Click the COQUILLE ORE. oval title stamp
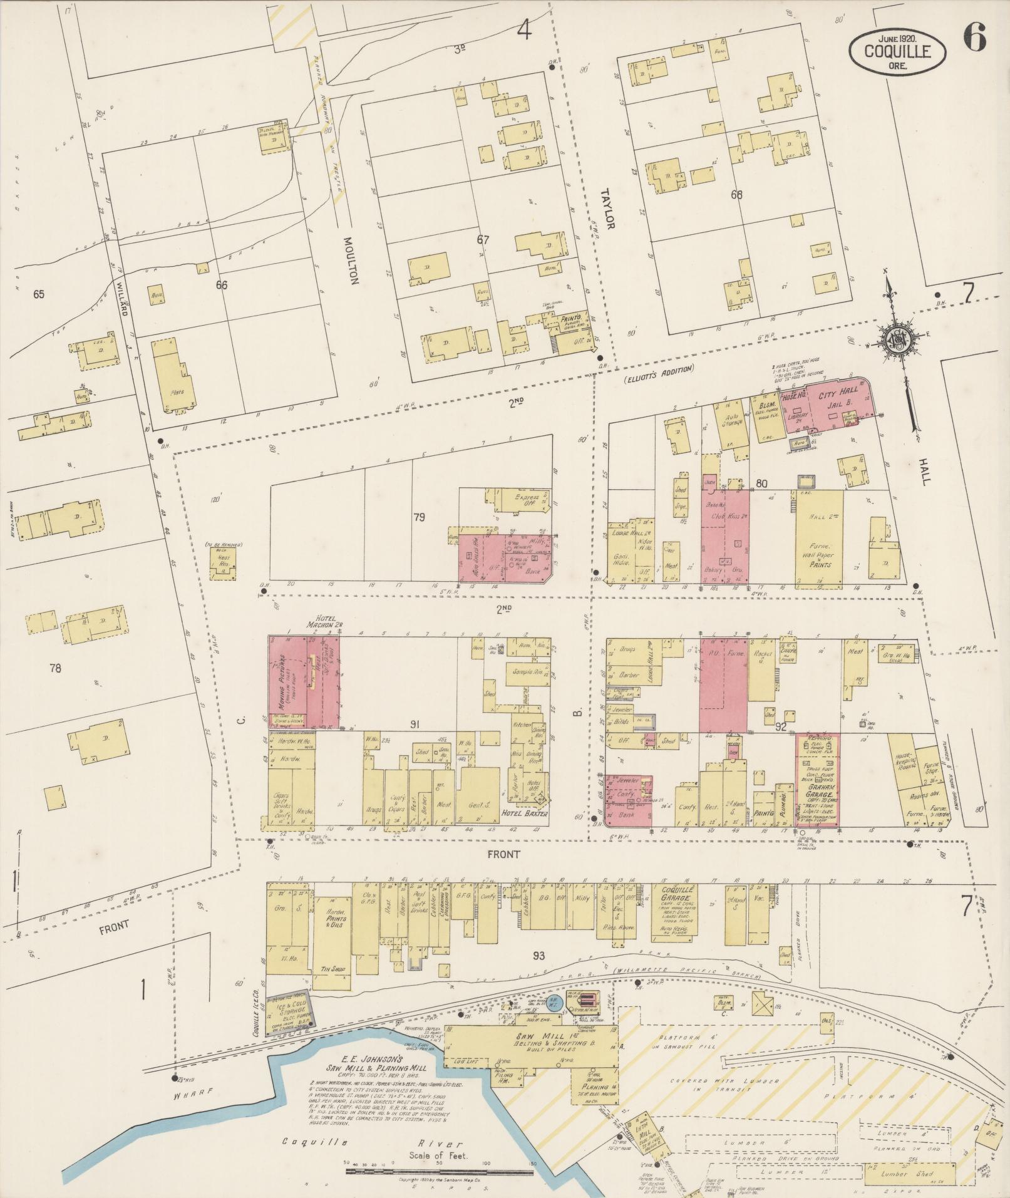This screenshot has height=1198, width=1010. click(897, 53)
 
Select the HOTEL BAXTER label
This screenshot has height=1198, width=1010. click(515, 813)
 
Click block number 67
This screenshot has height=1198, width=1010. click(482, 240)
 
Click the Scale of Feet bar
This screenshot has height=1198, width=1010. click(438, 1164)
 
